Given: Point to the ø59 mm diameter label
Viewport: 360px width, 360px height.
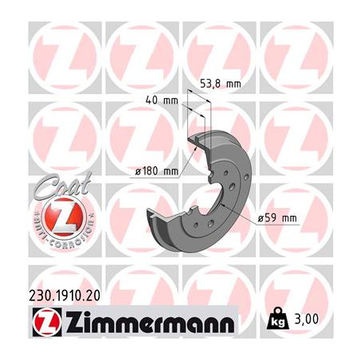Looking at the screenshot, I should point(276,218).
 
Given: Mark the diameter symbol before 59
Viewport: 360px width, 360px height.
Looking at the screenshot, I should point(261,218).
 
